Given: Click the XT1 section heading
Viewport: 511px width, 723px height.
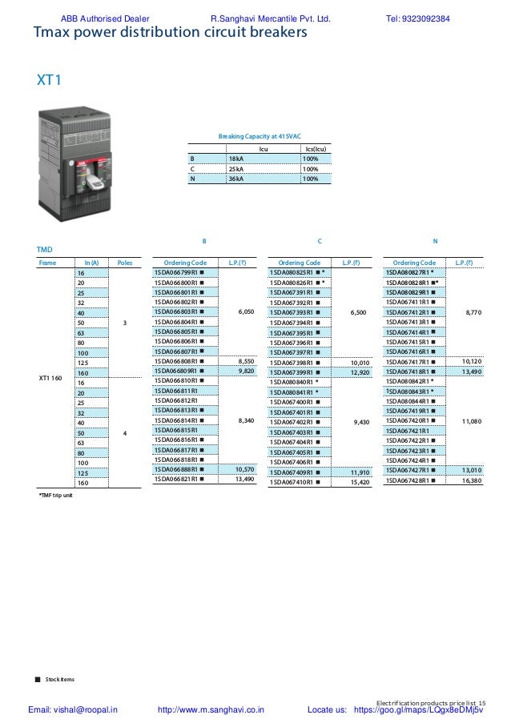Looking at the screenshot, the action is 50,80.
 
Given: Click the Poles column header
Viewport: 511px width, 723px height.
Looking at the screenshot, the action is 124,262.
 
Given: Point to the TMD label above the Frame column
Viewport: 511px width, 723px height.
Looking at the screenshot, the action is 46,250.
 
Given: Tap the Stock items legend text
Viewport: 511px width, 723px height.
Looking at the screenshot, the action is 60,679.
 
